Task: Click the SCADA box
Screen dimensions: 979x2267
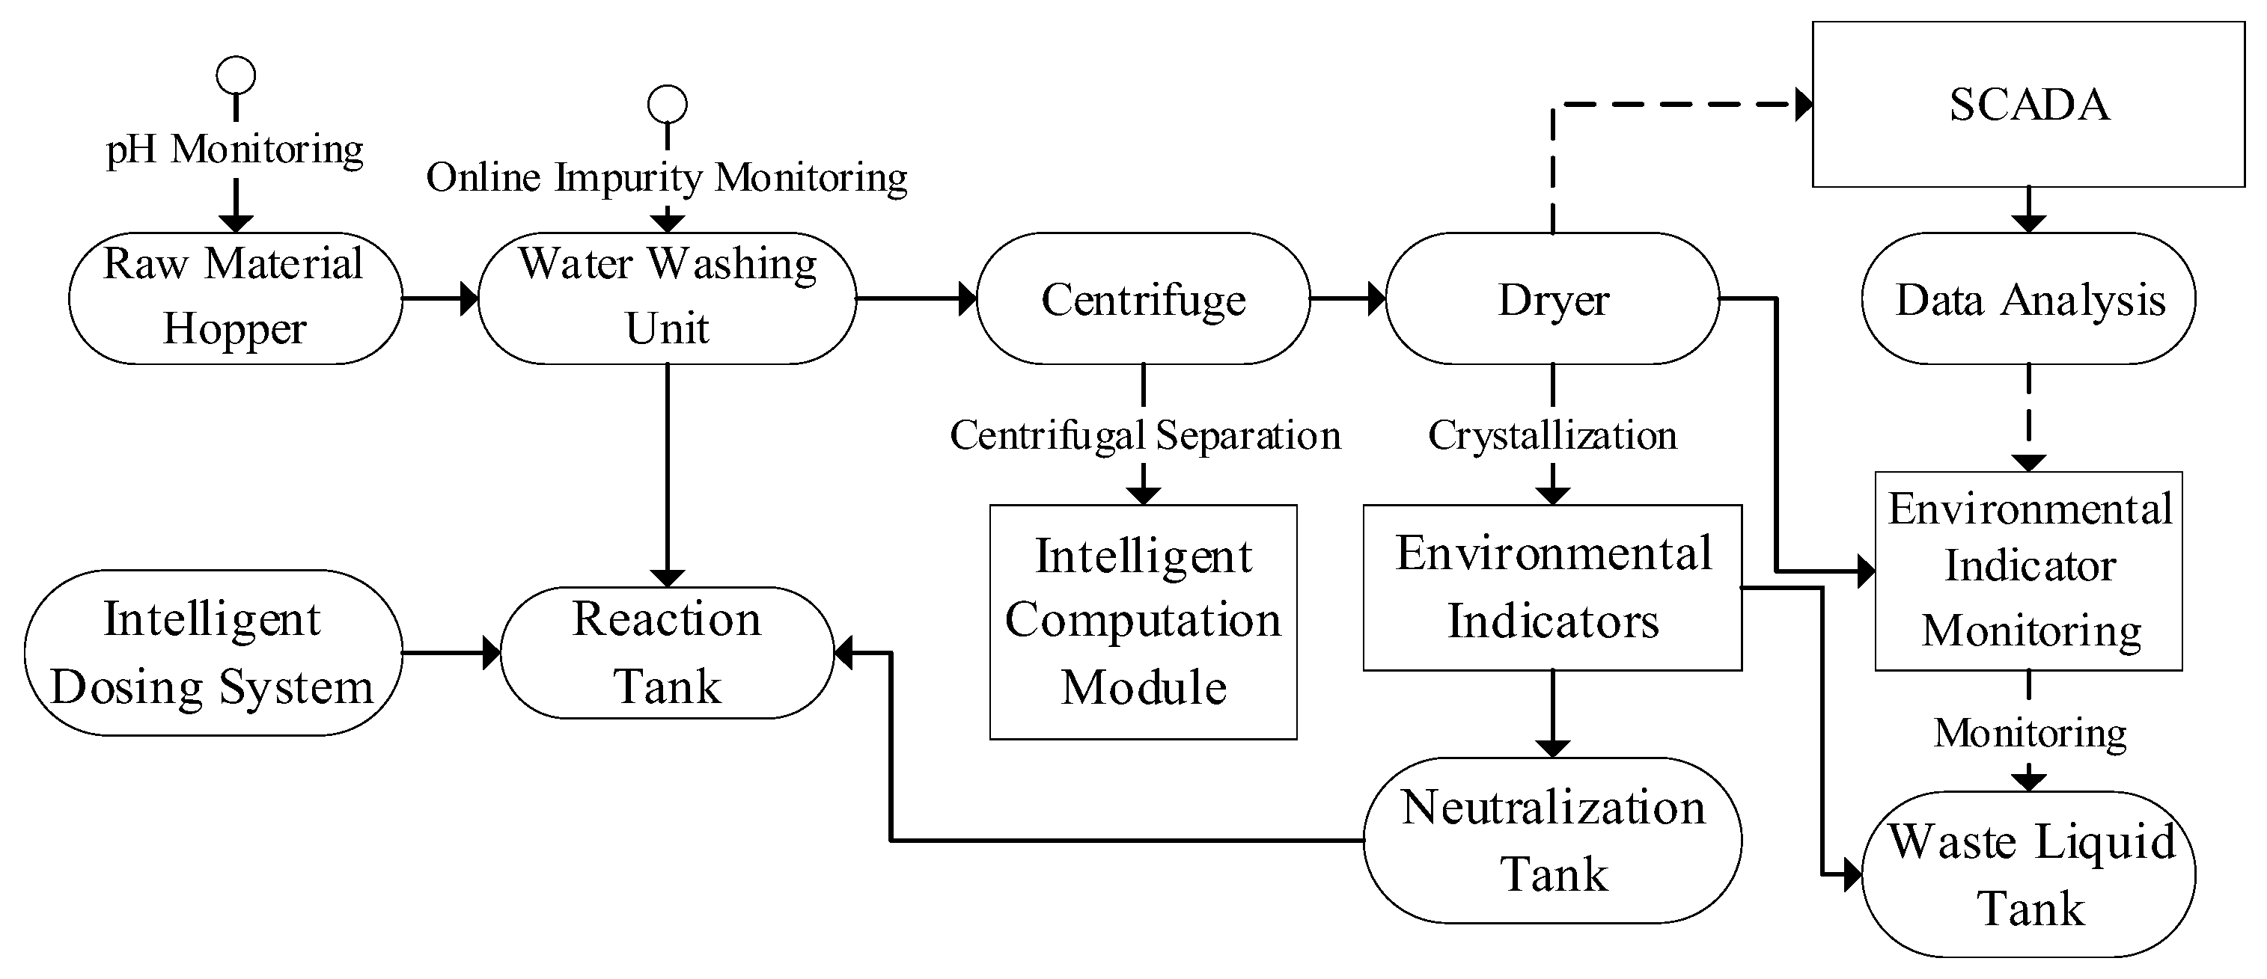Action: tap(2028, 105)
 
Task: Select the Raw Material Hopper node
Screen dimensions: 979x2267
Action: tap(235, 298)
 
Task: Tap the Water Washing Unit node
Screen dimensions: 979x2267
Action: tap(667, 298)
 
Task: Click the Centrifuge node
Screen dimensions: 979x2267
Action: tap(1142, 299)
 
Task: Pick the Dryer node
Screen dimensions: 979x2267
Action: tap(1552, 299)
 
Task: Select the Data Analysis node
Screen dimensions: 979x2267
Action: tap(2028, 299)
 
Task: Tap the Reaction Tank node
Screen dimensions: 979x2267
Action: tap(667, 653)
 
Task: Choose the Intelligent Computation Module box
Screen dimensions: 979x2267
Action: tap(1142, 622)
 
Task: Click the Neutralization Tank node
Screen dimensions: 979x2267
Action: tap(1552, 840)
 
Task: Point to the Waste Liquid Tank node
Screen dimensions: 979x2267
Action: tap(2028, 874)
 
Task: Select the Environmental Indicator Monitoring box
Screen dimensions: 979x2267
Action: tap(2028, 571)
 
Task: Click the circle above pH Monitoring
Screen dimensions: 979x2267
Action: tap(236, 76)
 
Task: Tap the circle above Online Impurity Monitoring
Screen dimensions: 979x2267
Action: tap(667, 105)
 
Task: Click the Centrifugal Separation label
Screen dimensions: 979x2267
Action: tap(1144, 435)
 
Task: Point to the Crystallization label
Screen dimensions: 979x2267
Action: tap(1552, 435)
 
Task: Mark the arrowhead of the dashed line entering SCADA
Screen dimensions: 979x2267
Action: tap(1803, 105)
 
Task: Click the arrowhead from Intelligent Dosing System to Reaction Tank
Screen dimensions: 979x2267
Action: tap(491, 653)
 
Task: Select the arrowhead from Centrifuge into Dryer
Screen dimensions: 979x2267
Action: tap(1376, 299)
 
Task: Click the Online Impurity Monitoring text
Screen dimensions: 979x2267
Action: tap(667, 178)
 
